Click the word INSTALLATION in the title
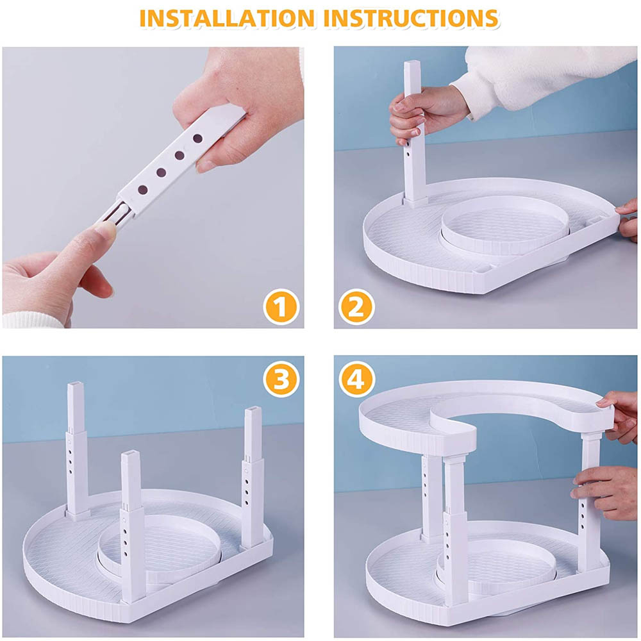coord(227,19)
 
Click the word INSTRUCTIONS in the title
coord(413,19)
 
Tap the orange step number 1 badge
coord(281,306)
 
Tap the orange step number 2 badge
coord(356,306)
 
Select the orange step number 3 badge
coord(281,379)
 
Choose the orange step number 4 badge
coord(356,379)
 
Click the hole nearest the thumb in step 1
coord(198,138)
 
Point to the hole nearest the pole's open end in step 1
coord(143,190)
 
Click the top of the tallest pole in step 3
coord(76,386)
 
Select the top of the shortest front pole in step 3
coord(130,454)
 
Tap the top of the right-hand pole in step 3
coord(253,410)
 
